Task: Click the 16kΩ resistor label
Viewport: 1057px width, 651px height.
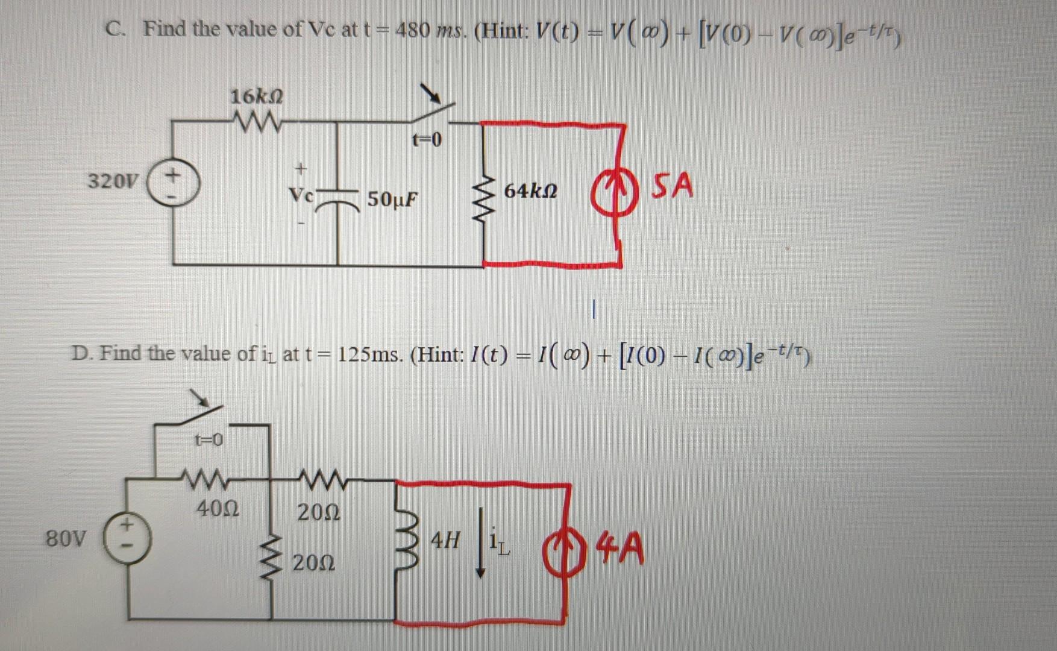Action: point(257,96)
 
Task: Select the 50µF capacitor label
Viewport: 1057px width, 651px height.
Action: point(392,199)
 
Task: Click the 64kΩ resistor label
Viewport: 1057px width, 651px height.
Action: point(530,191)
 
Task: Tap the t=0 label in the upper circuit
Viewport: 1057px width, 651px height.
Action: point(427,140)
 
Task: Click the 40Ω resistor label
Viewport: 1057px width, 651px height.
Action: point(218,509)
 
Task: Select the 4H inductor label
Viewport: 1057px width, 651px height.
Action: point(445,540)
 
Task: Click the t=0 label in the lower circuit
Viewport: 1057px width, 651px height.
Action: point(209,440)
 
